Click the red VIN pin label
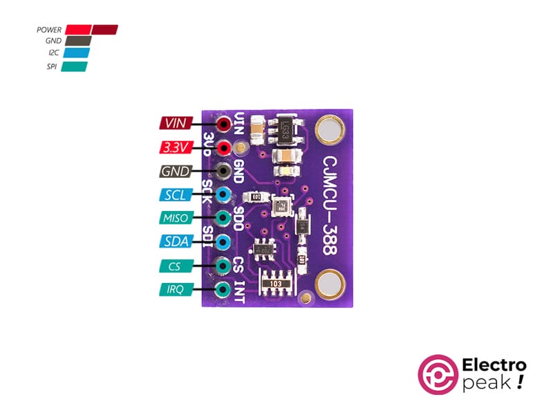173,124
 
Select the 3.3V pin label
173,147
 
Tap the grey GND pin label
173,172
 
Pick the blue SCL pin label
173,195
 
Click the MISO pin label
173,219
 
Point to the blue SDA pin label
173,242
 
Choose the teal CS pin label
173,266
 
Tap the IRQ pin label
173,290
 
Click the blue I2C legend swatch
76,53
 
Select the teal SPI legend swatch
75,66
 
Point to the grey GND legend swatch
78,41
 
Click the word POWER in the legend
49,30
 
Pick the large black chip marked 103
276,284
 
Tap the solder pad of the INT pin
223,290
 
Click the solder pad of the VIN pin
223,125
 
